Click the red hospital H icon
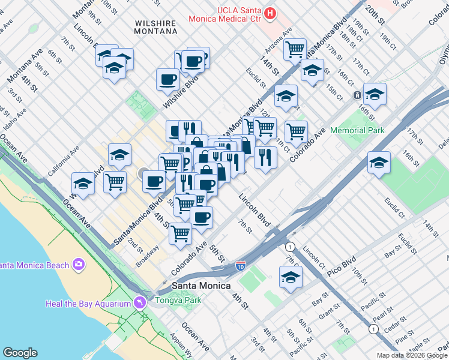[271, 13]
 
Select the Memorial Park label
[360, 130]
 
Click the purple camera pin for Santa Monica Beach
[79, 264]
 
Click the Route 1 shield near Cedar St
[373, 329]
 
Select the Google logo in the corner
[21, 352]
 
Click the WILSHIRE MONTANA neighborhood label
[155, 27]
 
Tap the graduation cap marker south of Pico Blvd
[291, 278]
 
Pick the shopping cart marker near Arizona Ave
[295, 49]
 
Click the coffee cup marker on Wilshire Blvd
[167, 79]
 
